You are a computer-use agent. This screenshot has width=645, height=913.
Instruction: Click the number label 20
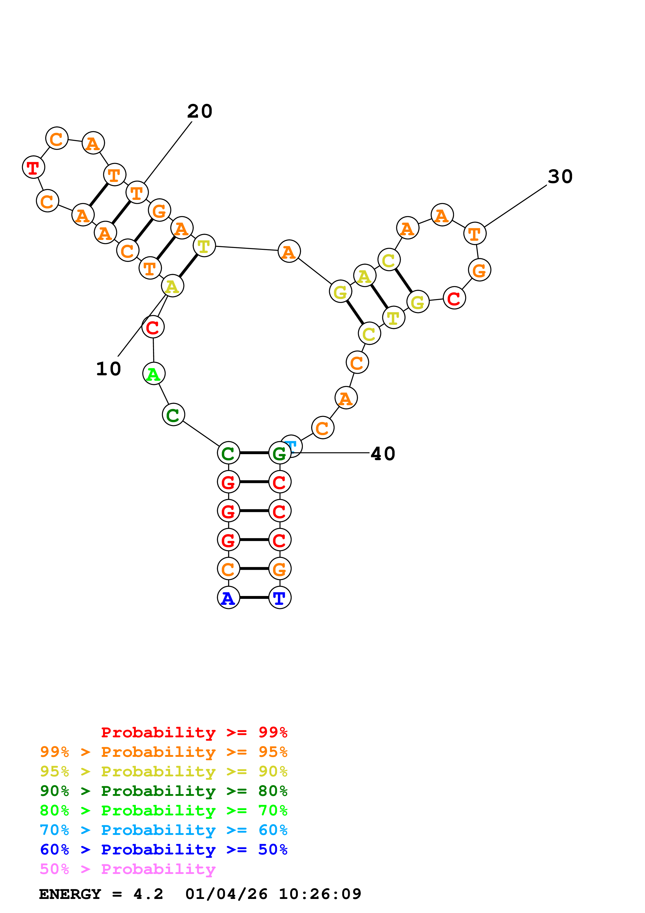pyautogui.click(x=200, y=111)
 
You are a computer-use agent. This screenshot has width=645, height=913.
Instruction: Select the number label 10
pyautogui.click(x=108, y=369)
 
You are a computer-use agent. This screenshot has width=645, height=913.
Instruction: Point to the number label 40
pyautogui.click(x=383, y=454)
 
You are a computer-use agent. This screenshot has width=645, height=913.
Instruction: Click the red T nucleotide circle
pyautogui.click(x=33, y=167)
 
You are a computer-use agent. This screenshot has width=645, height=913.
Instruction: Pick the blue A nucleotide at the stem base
pyautogui.click(x=228, y=597)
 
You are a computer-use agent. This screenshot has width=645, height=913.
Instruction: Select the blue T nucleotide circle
pyautogui.click(x=280, y=597)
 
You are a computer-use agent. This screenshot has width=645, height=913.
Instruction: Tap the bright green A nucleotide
pyautogui.click(x=154, y=374)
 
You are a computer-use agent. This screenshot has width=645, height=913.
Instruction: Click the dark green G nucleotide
pyautogui.click(x=280, y=453)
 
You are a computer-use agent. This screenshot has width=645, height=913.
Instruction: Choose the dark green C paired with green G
pyautogui.click(x=228, y=453)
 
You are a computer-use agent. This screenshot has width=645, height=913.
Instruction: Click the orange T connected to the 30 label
pyautogui.click(x=475, y=234)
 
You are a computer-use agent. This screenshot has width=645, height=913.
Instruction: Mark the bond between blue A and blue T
pyautogui.click(x=254, y=597)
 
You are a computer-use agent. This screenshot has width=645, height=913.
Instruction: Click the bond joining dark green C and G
pyautogui.click(x=254, y=453)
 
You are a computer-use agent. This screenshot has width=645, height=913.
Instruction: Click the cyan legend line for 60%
pyautogui.click(x=163, y=830)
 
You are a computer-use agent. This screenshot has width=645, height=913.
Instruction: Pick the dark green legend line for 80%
pyautogui.click(x=163, y=791)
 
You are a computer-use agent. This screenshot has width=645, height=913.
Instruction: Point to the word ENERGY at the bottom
pyautogui.click(x=70, y=894)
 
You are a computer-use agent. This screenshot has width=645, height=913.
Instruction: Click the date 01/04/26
pyautogui.click(x=226, y=894)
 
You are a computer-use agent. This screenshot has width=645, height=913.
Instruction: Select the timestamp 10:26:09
pyautogui.click(x=320, y=894)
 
